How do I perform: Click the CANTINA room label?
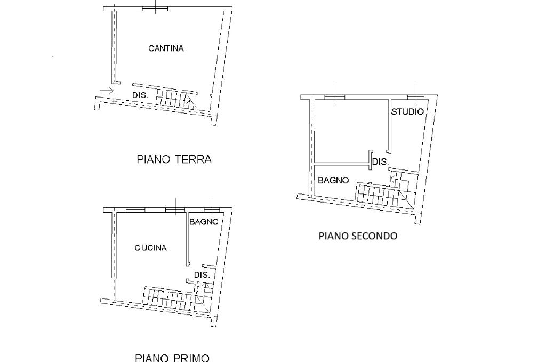pyautogui.click(x=166, y=48)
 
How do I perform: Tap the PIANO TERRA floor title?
pyautogui.click(x=174, y=159)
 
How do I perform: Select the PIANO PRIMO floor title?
pyautogui.click(x=172, y=358)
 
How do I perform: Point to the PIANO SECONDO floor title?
pyautogui.click(x=357, y=236)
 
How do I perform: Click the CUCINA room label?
pyautogui.click(x=150, y=248)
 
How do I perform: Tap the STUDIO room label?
pyautogui.click(x=407, y=112)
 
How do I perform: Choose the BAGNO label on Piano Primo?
pyautogui.click(x=204, y=222)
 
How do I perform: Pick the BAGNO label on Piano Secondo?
pyautogui.click(x=333, y=180)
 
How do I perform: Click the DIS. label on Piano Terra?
pyautogui.click(x=140, y=95)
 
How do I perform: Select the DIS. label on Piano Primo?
pyautogui.click(x=202, y=275)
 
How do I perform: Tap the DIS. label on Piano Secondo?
pyautogui.click(x=380, y=162)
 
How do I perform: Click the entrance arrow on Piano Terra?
pyautogui.click(x=107, y=91)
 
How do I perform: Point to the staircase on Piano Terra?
pyautogui.click(x=176, y=99)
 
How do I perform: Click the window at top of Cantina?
pyautogui.click(x=155, y=9)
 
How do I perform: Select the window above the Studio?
pyautogui.click(x=416, y=97)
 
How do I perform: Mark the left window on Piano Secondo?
pyautogui.click(x=334, y=97)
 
